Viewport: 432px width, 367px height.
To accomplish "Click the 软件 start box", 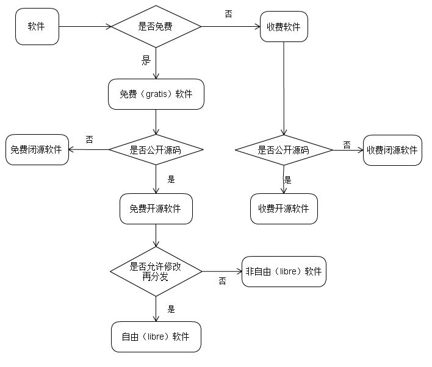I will (x=37, y=27).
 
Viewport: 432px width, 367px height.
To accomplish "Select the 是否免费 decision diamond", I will (x=156, y=26).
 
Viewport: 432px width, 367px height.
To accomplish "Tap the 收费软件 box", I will (x=283, y=27).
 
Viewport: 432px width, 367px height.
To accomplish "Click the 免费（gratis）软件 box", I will (x=156, y=94).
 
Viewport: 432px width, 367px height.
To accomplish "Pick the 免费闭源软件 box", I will (x=37, y=149).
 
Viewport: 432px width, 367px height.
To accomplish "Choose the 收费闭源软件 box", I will (x=392, y=150).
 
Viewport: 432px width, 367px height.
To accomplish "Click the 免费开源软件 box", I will (x=156, y=208).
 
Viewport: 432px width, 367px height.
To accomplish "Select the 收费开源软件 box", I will (x=284, y=208).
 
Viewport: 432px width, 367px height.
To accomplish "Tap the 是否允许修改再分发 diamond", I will (x=156, y=271).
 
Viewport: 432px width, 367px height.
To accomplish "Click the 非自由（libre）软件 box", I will (x=284, y=271).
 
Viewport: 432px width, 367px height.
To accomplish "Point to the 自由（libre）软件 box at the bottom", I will (x=156, y=337).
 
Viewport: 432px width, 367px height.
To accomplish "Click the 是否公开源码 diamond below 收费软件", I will (x=284, y=150).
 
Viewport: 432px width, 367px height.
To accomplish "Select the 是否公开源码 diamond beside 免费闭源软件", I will (x=156, y=149).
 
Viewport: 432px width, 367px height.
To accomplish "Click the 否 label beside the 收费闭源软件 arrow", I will (x=347, y=144).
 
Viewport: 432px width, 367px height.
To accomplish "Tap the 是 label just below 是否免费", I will (x=146, y=60).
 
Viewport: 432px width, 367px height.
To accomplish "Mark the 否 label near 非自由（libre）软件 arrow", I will (x=222, y=281).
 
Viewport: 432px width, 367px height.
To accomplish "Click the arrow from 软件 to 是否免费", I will (x=85, y=26).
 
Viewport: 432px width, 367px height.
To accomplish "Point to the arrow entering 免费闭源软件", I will (x=88, y=149).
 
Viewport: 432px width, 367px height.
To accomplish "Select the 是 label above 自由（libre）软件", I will (x=171, y=309).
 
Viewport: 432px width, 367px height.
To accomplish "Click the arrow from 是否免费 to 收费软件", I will (x=231, y=26).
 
